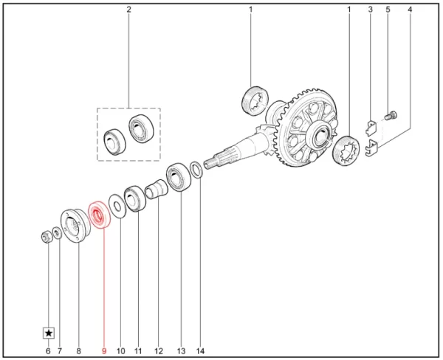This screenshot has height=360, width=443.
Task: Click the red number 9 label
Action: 104,351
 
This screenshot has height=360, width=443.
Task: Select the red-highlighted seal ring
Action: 99,215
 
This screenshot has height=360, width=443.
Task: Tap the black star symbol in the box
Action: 49,333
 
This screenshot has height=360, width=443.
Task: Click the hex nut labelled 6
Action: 46,236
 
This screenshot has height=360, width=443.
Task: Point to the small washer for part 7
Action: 58,232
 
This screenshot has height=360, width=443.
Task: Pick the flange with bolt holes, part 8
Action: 76,225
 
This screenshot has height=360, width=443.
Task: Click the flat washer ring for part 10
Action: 117,206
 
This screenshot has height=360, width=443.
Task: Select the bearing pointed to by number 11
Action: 135,198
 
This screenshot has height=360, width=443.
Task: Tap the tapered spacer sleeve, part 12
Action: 157,189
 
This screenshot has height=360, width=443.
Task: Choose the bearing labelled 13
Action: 179,177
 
